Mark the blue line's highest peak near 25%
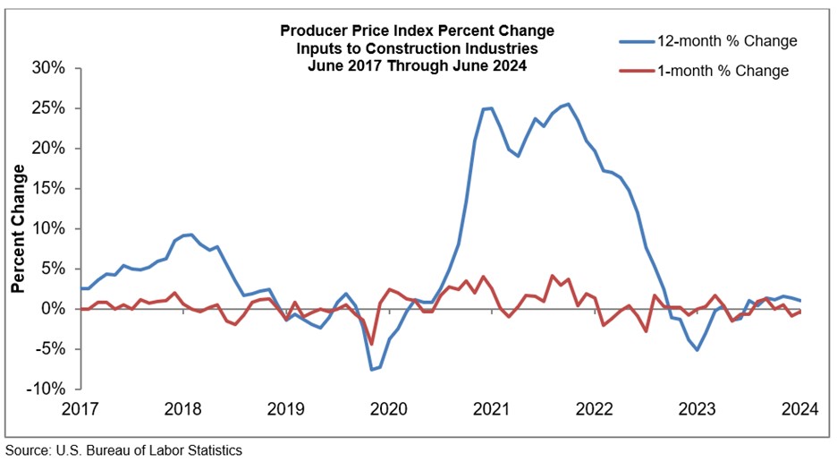(x=570, y=104)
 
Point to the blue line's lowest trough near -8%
(x=371, y=369)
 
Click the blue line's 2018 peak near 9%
(x=189, y=235)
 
